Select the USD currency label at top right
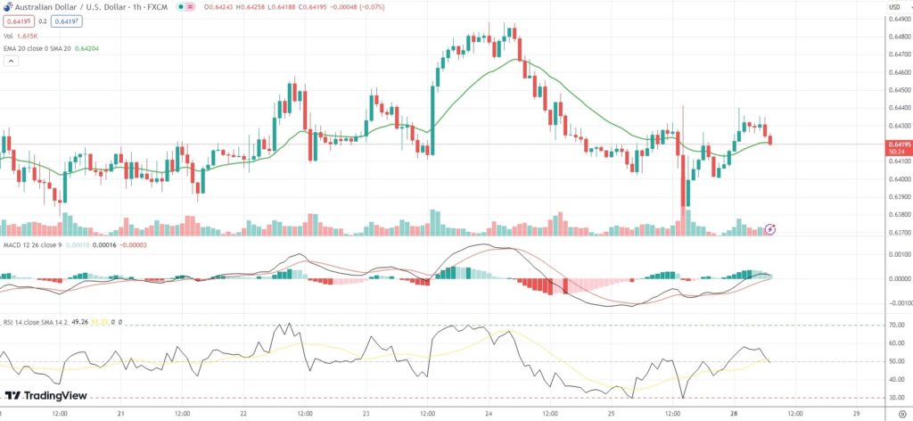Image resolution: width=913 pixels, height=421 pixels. point(893,7)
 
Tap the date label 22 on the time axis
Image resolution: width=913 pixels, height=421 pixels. point(244,414)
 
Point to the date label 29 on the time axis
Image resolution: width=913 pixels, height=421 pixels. point(857,414)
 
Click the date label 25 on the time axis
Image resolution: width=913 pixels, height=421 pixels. point(612,414)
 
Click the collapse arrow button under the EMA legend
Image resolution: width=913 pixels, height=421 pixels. point(12,62)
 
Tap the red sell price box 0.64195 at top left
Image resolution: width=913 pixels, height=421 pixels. point(18,21)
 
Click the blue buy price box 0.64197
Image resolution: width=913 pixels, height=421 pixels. point(64,21)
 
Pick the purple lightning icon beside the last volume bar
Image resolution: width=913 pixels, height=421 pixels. point(770,229)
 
